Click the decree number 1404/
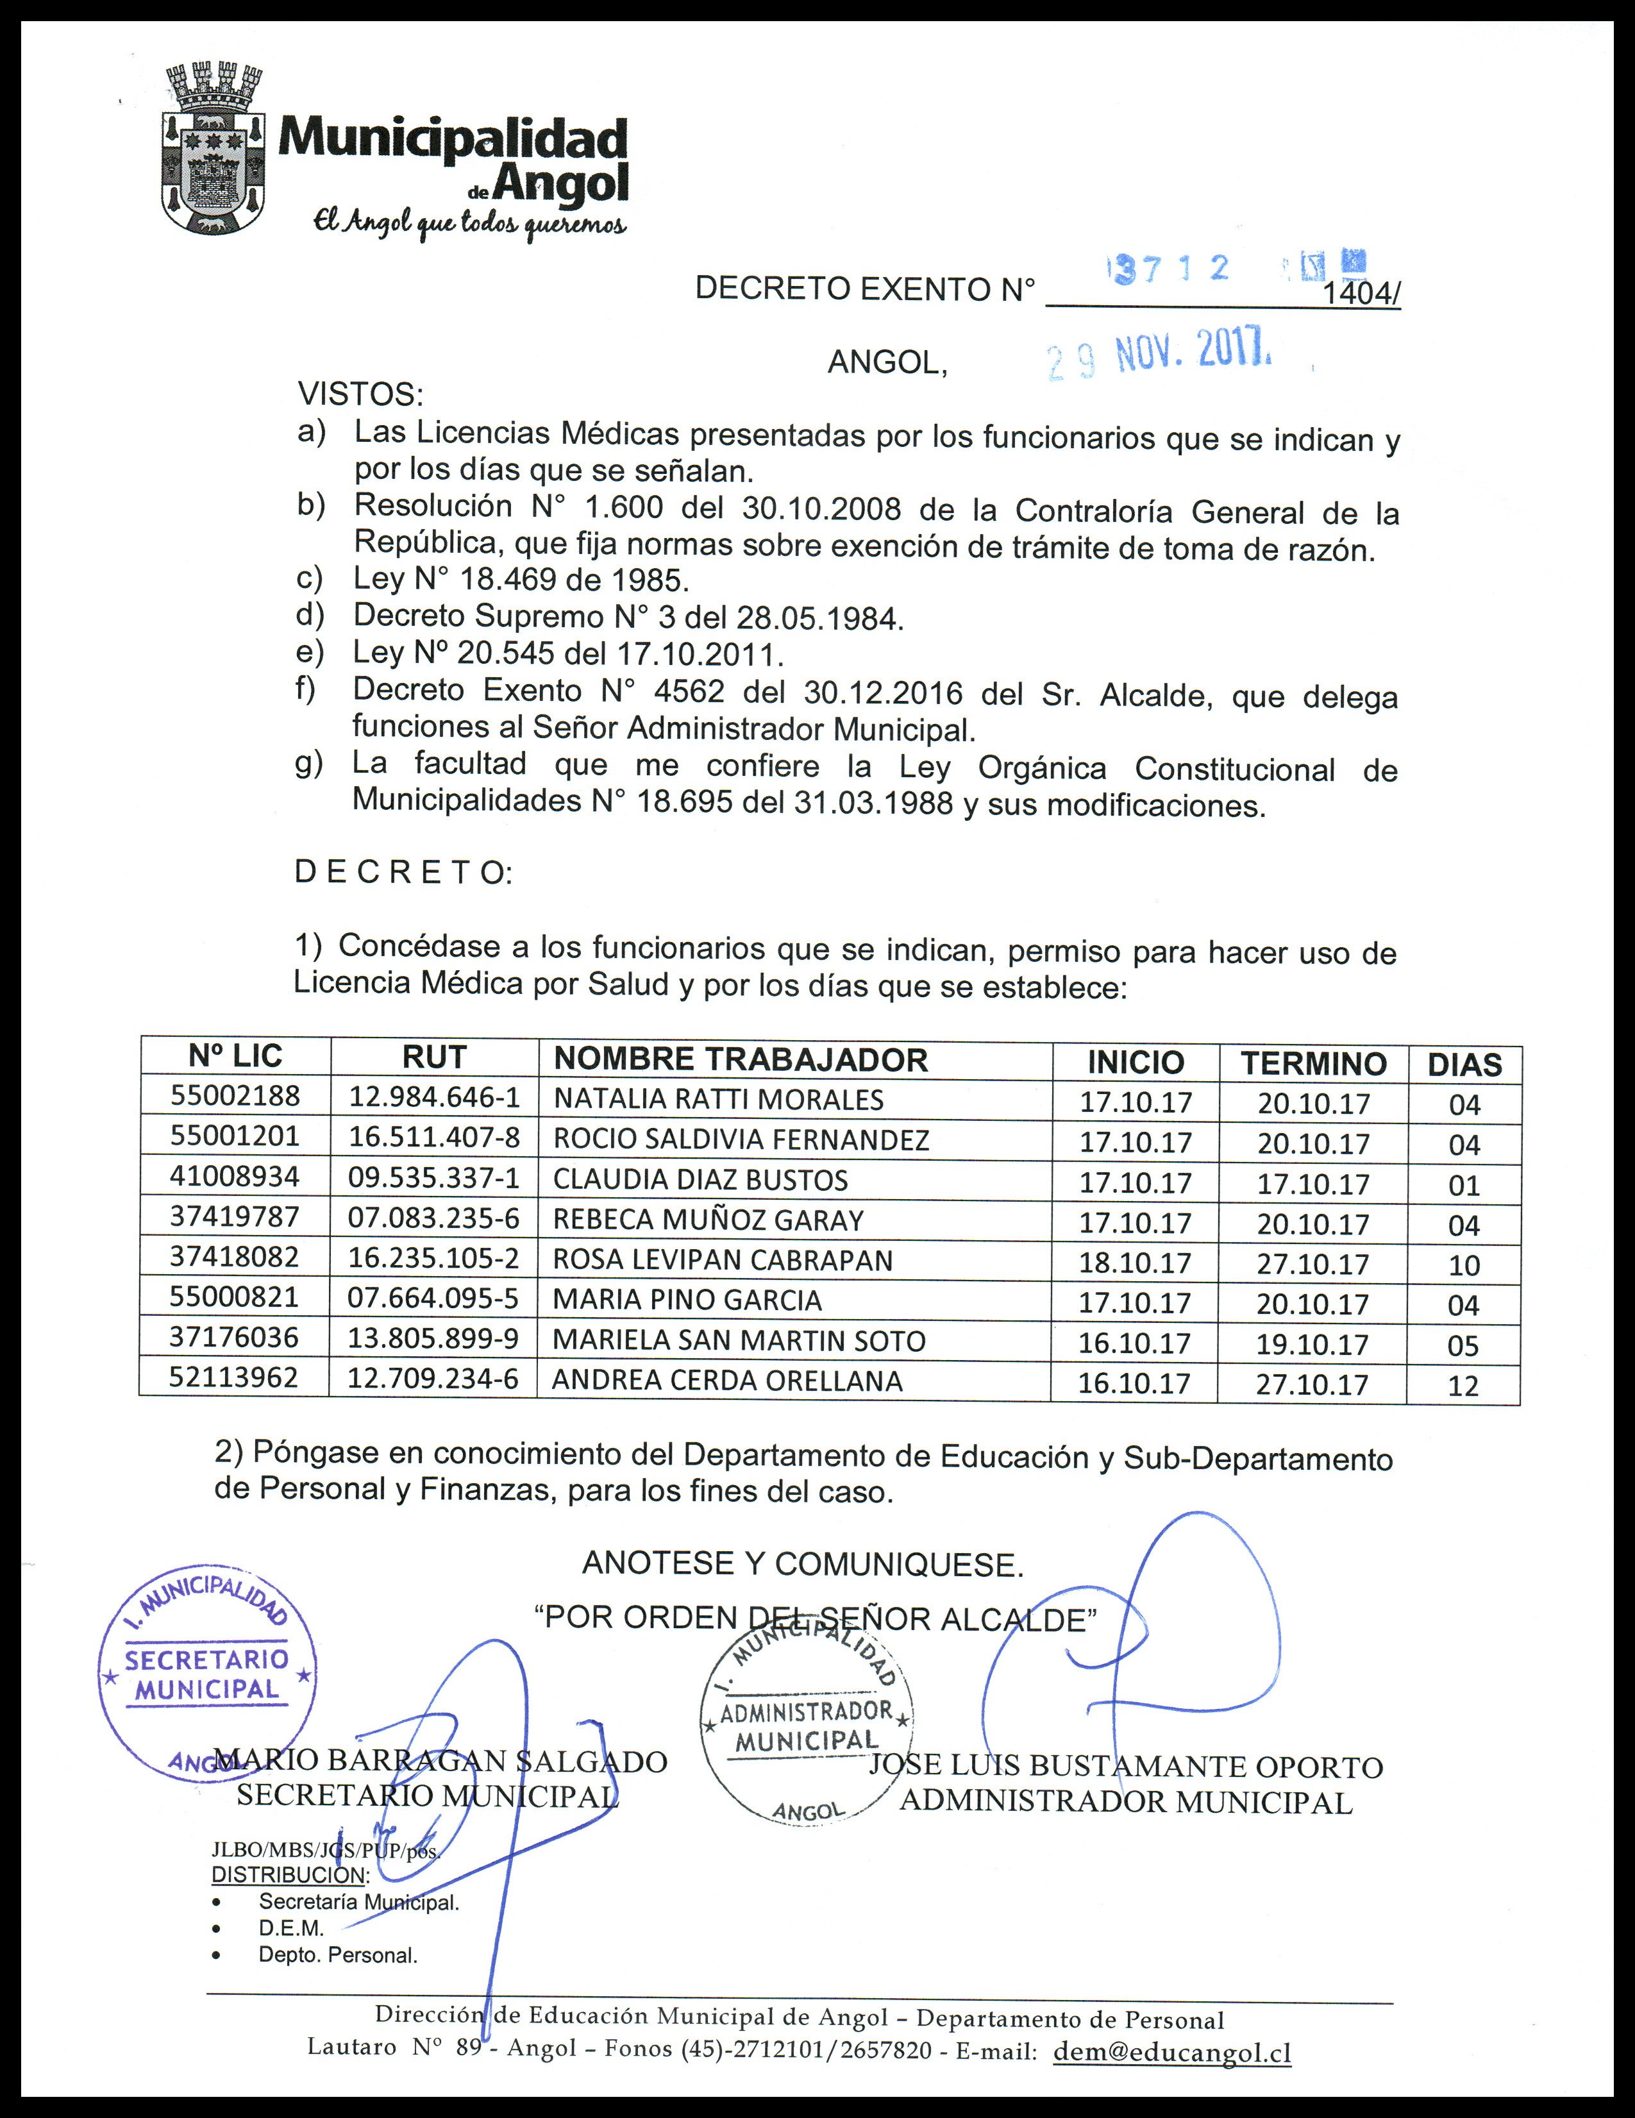tap(1361, 293)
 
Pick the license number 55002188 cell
tap(236, 1096)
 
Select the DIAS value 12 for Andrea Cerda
tap(1463, 1385)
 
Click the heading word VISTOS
tap(360, 395)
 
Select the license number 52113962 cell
tap(234, 1377)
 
